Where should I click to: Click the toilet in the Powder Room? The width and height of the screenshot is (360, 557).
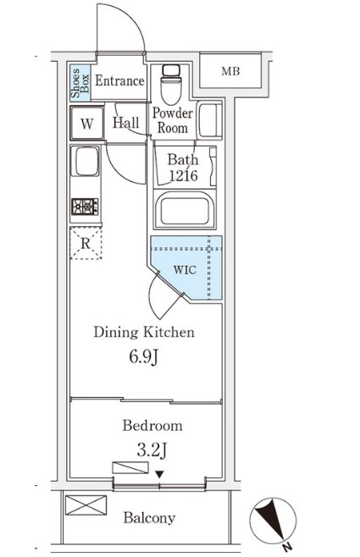(x=171, y=85)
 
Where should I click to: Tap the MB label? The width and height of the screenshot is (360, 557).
(x=230, y=71)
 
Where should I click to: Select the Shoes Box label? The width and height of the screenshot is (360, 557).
(x=80, y=84)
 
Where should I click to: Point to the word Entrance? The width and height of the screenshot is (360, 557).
(x=119, y=80)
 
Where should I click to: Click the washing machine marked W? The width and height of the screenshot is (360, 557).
(x=86, y=123)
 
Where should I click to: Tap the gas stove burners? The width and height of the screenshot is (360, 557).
(x=85, y=207)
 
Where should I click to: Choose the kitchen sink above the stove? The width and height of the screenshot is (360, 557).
(x=85, y=161)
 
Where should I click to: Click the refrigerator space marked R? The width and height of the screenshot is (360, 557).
(x=86, y=243)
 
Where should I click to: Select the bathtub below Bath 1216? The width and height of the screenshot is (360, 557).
(x=185, y=210)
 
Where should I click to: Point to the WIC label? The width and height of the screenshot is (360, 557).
(x=185, y=270)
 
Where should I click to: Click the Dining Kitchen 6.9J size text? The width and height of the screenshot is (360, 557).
(x=143, y=356)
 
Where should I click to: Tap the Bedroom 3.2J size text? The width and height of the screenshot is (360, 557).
(x=152, y=450)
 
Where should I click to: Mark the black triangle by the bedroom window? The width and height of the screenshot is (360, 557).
(x=159, y=474)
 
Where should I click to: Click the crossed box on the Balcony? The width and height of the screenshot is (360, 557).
(x=86, y=505)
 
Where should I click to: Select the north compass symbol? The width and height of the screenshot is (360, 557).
(x=273, y=521)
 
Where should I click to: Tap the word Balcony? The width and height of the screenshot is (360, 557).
(x=149, y=518)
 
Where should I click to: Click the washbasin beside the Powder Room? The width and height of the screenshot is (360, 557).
(x=210, y=120)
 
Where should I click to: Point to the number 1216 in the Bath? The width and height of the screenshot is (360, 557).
(x=183, y=175)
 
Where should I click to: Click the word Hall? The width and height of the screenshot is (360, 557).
(x=126, y=123)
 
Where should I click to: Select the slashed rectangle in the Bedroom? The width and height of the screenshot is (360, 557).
(x=130, y=467)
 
